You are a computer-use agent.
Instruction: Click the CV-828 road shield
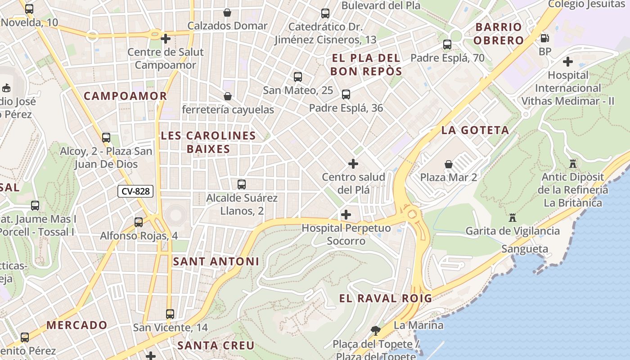(135, 191)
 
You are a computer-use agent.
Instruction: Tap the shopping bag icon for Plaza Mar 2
(449, 164)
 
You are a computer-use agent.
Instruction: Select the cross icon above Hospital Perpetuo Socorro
(346, 215)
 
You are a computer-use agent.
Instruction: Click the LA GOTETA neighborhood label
(475, 130)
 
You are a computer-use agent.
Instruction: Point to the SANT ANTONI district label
(216, 261)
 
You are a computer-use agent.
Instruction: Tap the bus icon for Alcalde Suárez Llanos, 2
(242, 184)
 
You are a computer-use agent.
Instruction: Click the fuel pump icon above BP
(544, 39)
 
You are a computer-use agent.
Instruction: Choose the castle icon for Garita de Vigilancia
(512, 218)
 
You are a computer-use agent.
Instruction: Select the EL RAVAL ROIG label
(385, 298)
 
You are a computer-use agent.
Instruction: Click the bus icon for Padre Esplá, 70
(447, 45)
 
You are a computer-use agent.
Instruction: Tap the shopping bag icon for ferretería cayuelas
(228, 96)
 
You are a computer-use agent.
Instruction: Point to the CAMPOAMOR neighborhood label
(125, 96)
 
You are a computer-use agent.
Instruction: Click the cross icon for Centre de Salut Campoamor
(166, 39)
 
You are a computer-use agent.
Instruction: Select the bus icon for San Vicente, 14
(170, 314)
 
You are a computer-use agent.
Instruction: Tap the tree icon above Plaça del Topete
(375, 331)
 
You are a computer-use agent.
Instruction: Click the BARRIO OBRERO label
(499, 34)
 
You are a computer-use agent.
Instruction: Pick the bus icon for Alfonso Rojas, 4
(139, 222)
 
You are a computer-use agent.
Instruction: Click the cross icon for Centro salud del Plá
(353, 164)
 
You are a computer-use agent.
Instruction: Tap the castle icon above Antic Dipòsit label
(572, 163)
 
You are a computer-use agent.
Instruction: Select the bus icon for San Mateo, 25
(297, 76)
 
